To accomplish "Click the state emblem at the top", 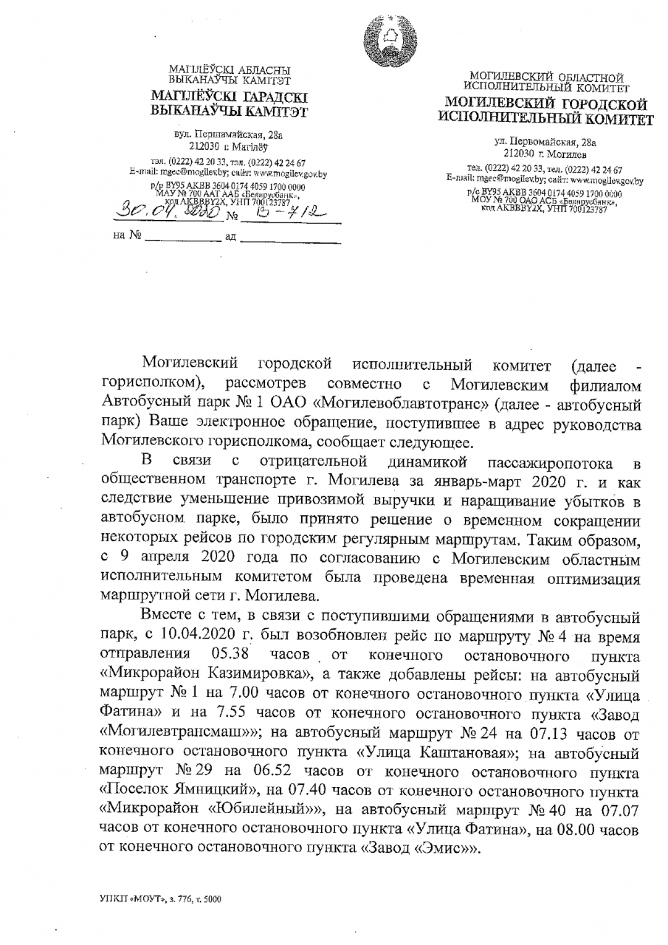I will [385, 41].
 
